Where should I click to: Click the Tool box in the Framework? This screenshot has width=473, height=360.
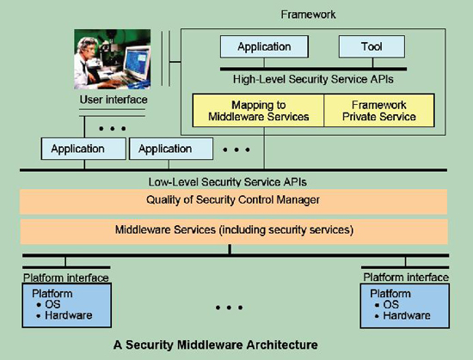(372, 46)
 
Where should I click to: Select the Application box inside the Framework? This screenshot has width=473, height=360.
(264, 46)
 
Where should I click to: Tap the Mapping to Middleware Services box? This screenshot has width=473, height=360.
(258, 111)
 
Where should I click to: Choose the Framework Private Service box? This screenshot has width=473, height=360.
(379, 111)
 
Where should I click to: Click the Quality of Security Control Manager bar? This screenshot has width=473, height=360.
(233, 201)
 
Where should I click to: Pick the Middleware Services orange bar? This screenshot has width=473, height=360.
(234, 231)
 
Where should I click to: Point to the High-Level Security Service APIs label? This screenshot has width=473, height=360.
(313, 80)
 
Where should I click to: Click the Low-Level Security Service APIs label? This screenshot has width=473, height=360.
(227, 182)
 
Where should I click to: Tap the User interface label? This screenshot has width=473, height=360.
(114, 100)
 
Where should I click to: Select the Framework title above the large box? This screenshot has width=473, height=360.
(308, 15)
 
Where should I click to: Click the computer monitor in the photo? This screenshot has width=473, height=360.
(137, 64)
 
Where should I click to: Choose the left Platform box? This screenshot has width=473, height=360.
(67, 305)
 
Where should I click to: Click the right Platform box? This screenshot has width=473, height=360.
(405, 306)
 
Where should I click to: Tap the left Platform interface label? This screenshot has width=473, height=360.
(65, 278)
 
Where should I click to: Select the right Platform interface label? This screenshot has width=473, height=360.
(406, 278)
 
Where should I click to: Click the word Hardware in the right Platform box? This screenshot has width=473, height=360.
(407, 315)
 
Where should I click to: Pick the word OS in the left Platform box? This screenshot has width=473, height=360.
(52, 304)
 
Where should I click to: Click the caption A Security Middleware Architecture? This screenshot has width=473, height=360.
(216, 345)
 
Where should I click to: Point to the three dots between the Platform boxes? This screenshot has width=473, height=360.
(229, 308)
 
